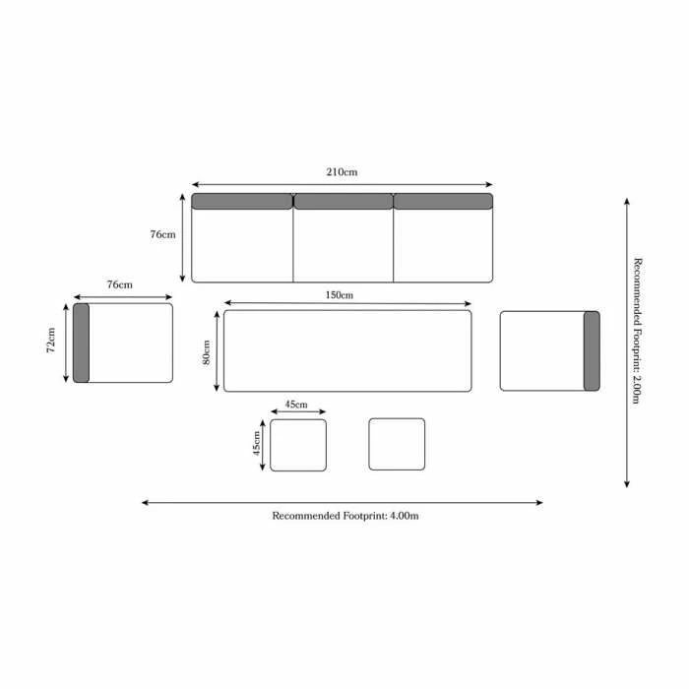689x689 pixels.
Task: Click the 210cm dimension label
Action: (342, 172)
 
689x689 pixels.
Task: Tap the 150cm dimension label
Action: (339, 295)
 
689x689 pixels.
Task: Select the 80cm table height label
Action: (207, 351)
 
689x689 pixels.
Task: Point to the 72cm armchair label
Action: (51, 343)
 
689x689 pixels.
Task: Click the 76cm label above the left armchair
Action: (119, 284)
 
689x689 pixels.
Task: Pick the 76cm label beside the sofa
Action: (162, 235)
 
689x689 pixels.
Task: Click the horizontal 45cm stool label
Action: (296, 405)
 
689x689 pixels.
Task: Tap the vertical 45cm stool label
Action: (258, 445)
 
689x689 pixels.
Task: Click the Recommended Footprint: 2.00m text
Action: (638, 330)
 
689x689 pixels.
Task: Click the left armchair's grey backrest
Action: (81, 343)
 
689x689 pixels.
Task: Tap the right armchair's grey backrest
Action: (592, 350)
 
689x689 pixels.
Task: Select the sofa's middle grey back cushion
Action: (343, 202)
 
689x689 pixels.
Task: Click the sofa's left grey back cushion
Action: (242, 202)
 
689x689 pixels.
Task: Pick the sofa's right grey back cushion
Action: (443, 202)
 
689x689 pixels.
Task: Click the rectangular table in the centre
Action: (347, 351)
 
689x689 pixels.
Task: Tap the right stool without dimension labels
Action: (397, 444)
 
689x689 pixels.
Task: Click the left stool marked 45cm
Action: (298, 445)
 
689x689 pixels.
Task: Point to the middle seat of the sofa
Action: (343, 246)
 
